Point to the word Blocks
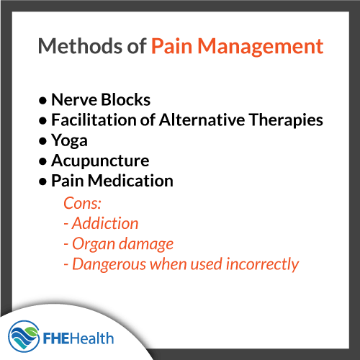point(126,99)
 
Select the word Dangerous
point(106,264)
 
